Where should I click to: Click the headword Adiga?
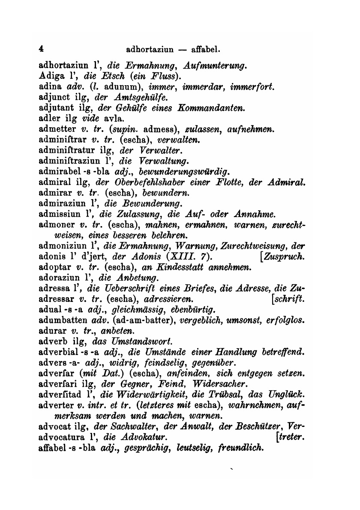coord(51,77)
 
